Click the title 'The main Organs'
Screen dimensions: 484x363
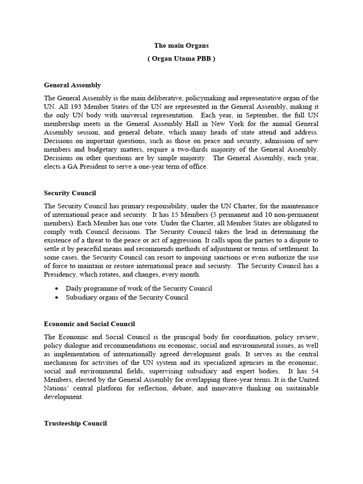[x=181, y=46]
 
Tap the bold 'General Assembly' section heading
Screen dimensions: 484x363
[x=72, y=86]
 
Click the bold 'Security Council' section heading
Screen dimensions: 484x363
[x=70, y=193]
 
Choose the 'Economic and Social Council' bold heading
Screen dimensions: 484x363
[x=89, y=324]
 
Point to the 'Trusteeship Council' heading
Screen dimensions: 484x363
[x=75, y=423]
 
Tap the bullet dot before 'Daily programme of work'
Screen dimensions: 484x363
[x=57, y=289]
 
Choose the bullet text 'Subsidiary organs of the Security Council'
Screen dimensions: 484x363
[x=127, y=298]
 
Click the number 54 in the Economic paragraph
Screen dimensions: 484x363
[x=314, y=371]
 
